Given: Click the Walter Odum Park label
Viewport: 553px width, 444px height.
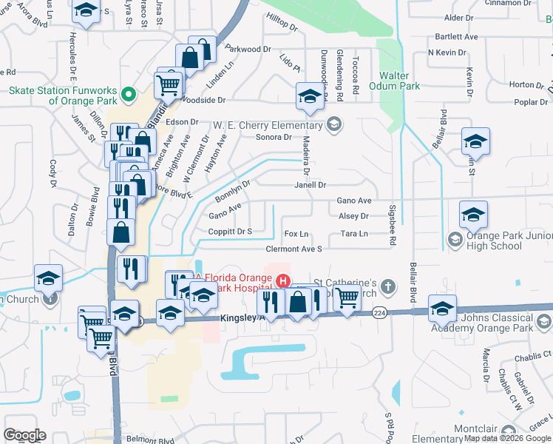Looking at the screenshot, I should (399, 81).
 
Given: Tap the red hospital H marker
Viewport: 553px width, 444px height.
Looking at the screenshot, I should (282, 280).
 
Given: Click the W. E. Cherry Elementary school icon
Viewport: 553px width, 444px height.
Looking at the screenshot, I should (333, 123).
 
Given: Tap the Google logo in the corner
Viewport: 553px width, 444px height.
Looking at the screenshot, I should (24, 435).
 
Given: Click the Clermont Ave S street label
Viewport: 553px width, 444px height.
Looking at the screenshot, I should (294, 249).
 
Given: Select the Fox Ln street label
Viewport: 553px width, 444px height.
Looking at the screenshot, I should (296, 234).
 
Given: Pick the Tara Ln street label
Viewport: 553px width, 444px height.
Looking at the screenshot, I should (354, 234).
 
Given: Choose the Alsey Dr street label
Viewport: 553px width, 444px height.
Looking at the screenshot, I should (353, 216).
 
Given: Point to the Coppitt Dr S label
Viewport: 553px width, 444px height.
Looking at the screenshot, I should (230, 232).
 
